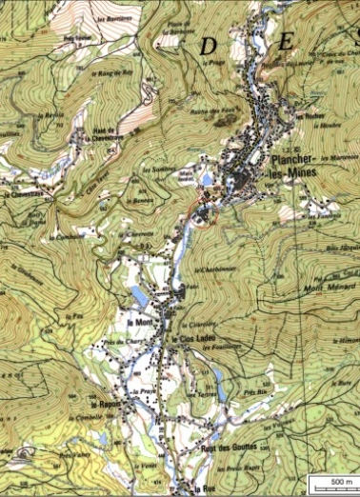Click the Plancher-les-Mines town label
[292, 165]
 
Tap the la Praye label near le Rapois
[144, 391]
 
